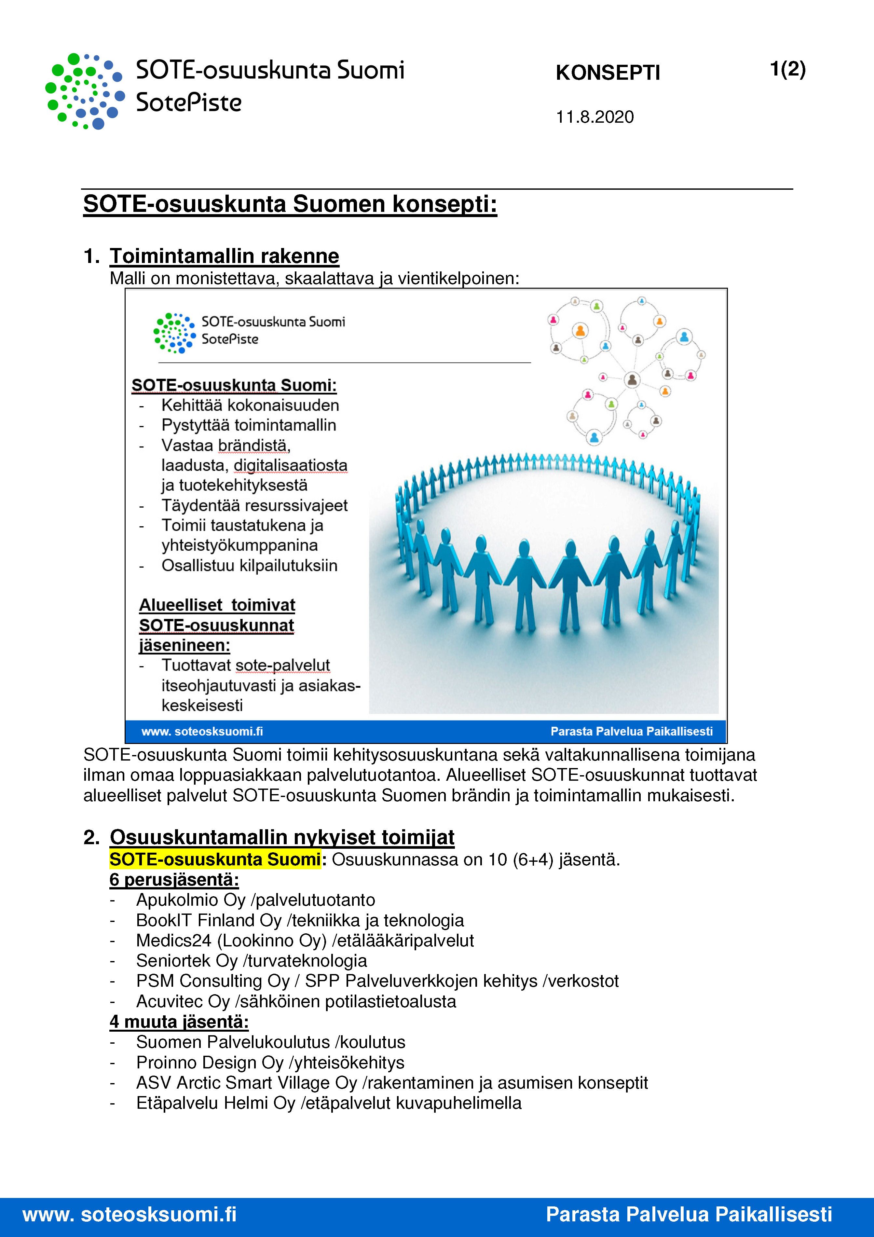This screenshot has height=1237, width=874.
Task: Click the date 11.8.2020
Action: click(x=594, y=117)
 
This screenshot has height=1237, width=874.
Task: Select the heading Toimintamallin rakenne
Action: click(x=224, y=256)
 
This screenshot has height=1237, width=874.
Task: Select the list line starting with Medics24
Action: click(x=305, y=941)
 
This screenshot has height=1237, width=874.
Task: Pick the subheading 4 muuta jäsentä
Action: click(x=179, y=1022)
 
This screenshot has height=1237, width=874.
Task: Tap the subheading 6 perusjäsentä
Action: click(x=174, y=880)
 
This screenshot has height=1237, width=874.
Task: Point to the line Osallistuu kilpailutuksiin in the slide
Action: click(x=249, y=566)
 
